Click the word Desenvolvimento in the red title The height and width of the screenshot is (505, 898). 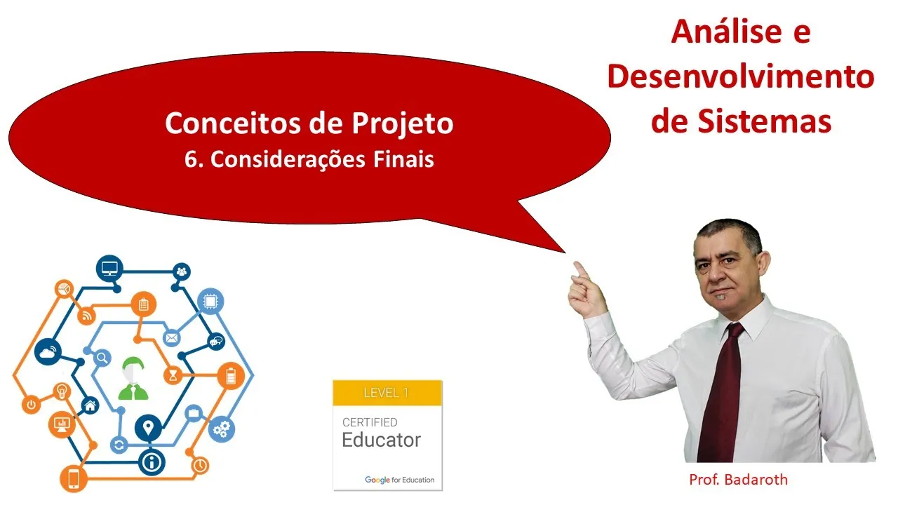[x=741, y=76]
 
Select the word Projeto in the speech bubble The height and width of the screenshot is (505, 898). [x=403, y=123]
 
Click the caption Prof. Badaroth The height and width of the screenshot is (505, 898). [x=739, y=480]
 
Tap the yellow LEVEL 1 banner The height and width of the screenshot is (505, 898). [x=387, y=393]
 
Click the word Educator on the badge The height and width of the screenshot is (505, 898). [x=381, y=440]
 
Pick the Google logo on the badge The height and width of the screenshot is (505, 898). [x=377, y=480]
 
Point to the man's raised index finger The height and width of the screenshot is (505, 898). [x=581, y=271]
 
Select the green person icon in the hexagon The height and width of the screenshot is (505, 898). [x=133, y=378]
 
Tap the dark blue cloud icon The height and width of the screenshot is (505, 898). [x=48, y=352]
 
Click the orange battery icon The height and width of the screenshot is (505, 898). [x=231, y=376]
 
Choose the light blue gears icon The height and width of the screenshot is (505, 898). [x=222, y=429]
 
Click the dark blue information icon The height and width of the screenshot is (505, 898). [x=152, y=462]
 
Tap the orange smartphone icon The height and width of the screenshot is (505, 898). [x=74, y=479]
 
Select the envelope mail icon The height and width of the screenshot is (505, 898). [x=171, y=338]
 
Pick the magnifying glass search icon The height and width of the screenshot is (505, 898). [x=102, y=358]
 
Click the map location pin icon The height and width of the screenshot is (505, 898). [x=148, y=428]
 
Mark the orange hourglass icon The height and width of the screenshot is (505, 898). [x=173, y=375]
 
